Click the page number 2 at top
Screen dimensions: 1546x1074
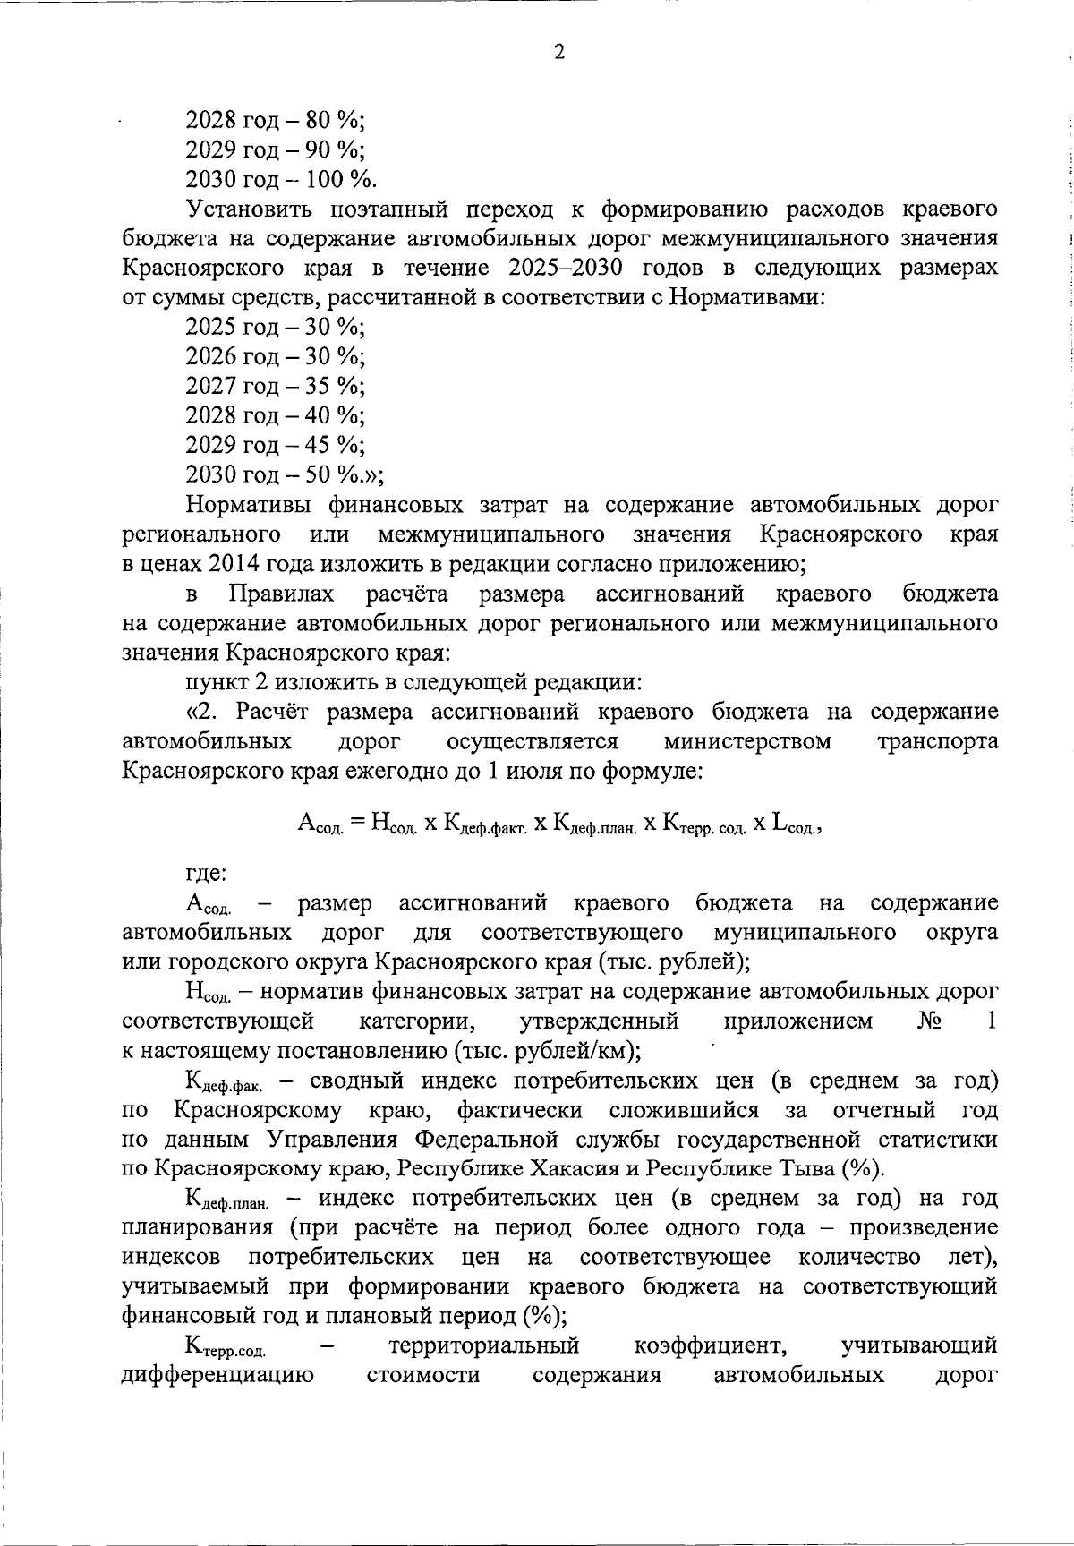pyautogui.click(x=559, y=53)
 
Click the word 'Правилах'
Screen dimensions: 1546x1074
pyautogui.click(x=282, y=594)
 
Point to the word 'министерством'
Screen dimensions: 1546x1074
pyautogui.click(x=747, y=742)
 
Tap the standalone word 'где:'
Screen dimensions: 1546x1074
pyautogui.click(x=207, y=873)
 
